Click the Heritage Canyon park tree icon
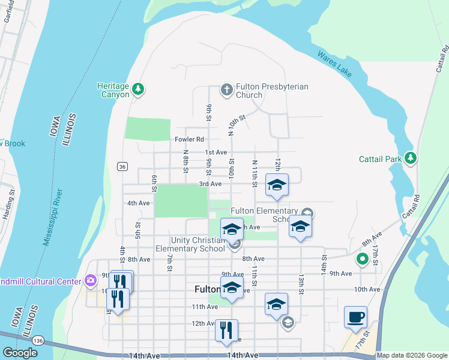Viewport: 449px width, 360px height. pyautogui.click(x=138, y=89)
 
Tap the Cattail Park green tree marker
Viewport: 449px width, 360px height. pyautogui.click(x=410, y=158)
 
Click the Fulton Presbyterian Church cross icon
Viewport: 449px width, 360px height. pyautogui.click(x=226, y=90)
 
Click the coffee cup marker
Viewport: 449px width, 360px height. pyautogui.click(x=355, y=316)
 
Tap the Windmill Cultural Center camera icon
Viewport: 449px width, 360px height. pyautogui.click(x=90, y=280)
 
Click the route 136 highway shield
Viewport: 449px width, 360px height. pyautogui.click(x=38, y=340)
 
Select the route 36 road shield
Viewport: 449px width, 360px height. pyautogui.click(x=122, y=166)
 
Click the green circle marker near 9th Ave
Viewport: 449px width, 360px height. pyautogui.click(x=362, y=260)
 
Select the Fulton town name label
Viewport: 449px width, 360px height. pyautogui.click(x=207, y=289)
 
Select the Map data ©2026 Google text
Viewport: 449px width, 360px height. pyautogui.click(x=411, y=355)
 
